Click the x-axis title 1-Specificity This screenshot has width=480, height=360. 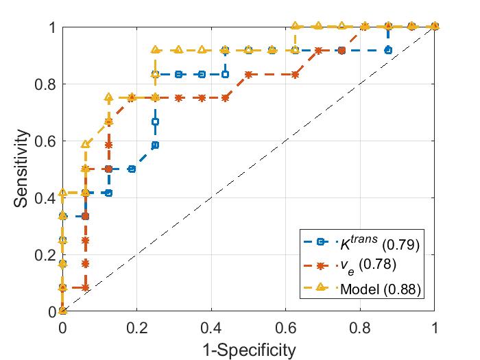tap(248, 350)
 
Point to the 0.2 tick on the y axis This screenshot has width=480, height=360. tap(49, 255)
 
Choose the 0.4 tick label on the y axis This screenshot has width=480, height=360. tap(49, 198)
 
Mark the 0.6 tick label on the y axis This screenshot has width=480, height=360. tap(49, 141)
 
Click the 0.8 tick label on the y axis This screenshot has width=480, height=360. tap(49, 84)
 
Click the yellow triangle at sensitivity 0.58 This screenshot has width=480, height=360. tap(86, 145)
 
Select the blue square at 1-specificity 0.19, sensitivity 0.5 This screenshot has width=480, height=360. tap(132, 169)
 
